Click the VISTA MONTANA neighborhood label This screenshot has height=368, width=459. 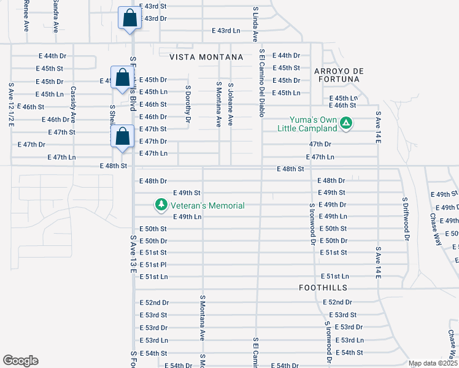tap(206, 57)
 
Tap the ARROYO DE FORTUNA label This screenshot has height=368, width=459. tap(339, 76)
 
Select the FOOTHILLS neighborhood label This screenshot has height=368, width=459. tap(323, 287)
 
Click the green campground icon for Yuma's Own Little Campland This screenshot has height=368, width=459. tap(346, 123)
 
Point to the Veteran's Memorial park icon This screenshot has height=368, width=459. tap(161, 205)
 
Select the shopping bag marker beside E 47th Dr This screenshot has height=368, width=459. tap(123, 137)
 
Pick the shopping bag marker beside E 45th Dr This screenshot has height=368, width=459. tap(122, 77)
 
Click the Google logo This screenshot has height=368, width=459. tap(20, 361)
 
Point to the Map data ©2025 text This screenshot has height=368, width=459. tap(433, 363)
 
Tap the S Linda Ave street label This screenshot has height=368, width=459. tap(255, 25)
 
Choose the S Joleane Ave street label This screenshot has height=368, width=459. tap(231, 104)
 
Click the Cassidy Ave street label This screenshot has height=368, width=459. tap(73, 104)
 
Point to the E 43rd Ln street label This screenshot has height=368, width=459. tap(226, 31)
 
